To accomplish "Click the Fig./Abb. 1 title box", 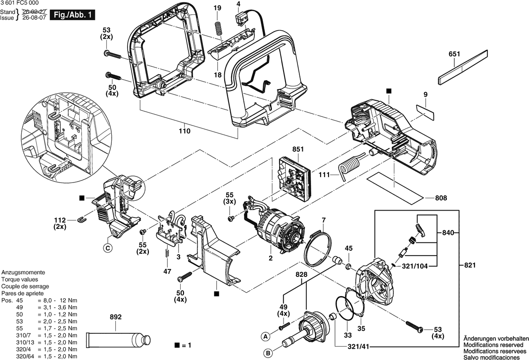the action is (72, 15).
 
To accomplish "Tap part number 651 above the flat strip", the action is (454, 54).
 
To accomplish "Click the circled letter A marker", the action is (266, 336).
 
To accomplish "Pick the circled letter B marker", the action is (268, 353).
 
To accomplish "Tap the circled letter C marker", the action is (107, 248).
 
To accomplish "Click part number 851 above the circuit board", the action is (298, 149).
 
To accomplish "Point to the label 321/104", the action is (415, 267).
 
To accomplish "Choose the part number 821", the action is (470, 265).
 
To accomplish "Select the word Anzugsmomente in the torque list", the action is (23, 272).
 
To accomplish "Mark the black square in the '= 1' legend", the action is (177, 345).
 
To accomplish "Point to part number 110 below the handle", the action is (185, 131).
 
